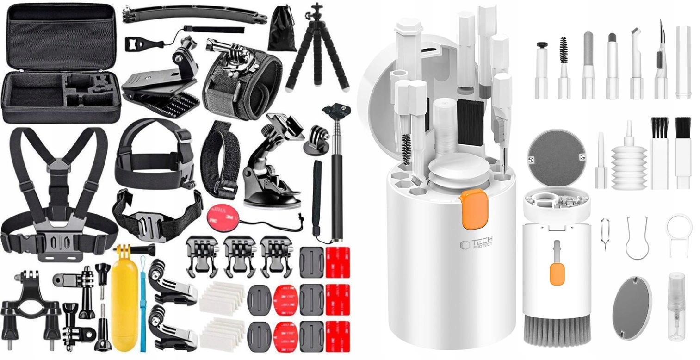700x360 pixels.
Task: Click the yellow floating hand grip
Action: tap(124, 296)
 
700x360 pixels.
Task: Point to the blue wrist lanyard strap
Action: tap(143, 305)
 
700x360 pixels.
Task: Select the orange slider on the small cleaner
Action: tap(557, 273)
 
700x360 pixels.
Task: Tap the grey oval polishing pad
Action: tap(628, 307)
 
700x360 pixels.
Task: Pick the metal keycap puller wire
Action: tap(637, 239)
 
